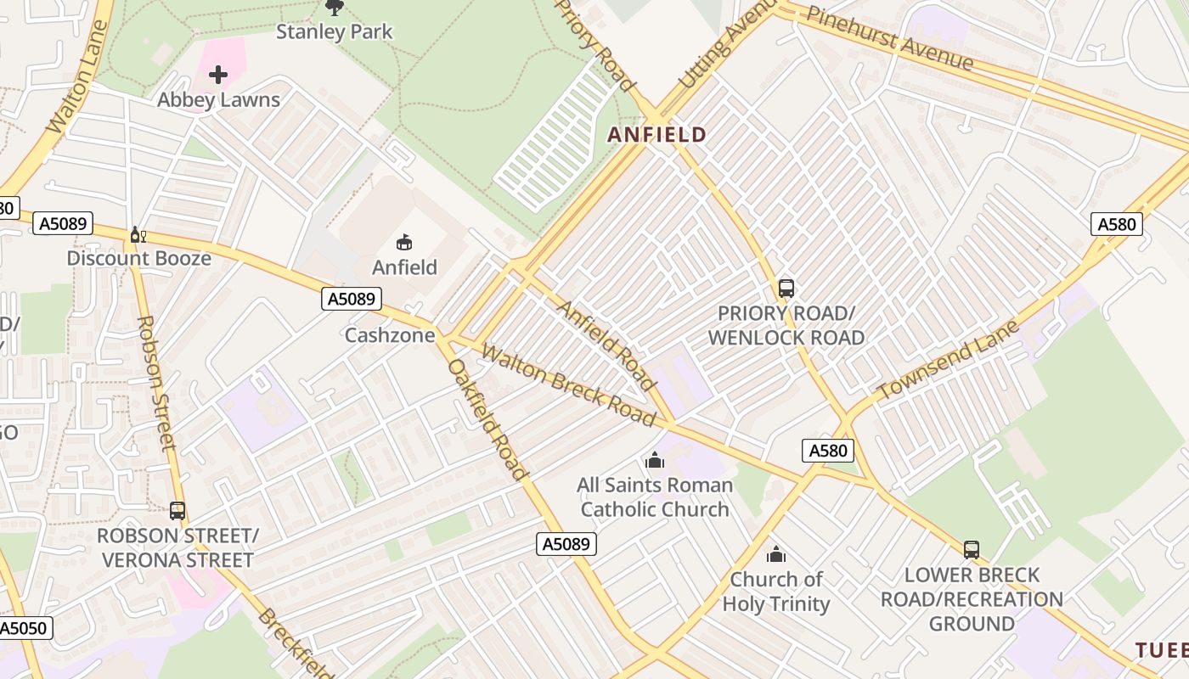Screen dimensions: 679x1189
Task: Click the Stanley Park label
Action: click(335, 32)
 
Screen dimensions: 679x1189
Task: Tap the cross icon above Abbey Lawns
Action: click(218, 75)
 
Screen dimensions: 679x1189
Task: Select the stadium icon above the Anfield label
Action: click(404, 243)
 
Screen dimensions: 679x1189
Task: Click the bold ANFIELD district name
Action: click(656, 134)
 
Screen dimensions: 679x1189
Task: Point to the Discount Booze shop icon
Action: click(137, 234)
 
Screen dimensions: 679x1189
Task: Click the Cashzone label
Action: click(390, 335)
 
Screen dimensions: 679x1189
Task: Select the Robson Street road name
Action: click(156, 382)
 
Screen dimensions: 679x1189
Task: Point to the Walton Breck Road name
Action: click(568, 384)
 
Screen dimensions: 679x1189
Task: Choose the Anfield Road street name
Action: click(606, 344)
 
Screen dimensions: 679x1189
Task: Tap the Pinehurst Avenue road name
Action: click(889, 38)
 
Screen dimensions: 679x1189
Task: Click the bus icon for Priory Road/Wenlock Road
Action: click(786, 289)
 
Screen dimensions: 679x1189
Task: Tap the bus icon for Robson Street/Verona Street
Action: click(178, 511)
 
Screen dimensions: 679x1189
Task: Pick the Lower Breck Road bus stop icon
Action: click(972, 550)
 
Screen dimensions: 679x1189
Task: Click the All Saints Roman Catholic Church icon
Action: click(655, 461)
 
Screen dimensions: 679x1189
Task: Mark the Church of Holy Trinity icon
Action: click(776, 555)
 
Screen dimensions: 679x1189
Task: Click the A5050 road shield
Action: click(25, 628)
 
